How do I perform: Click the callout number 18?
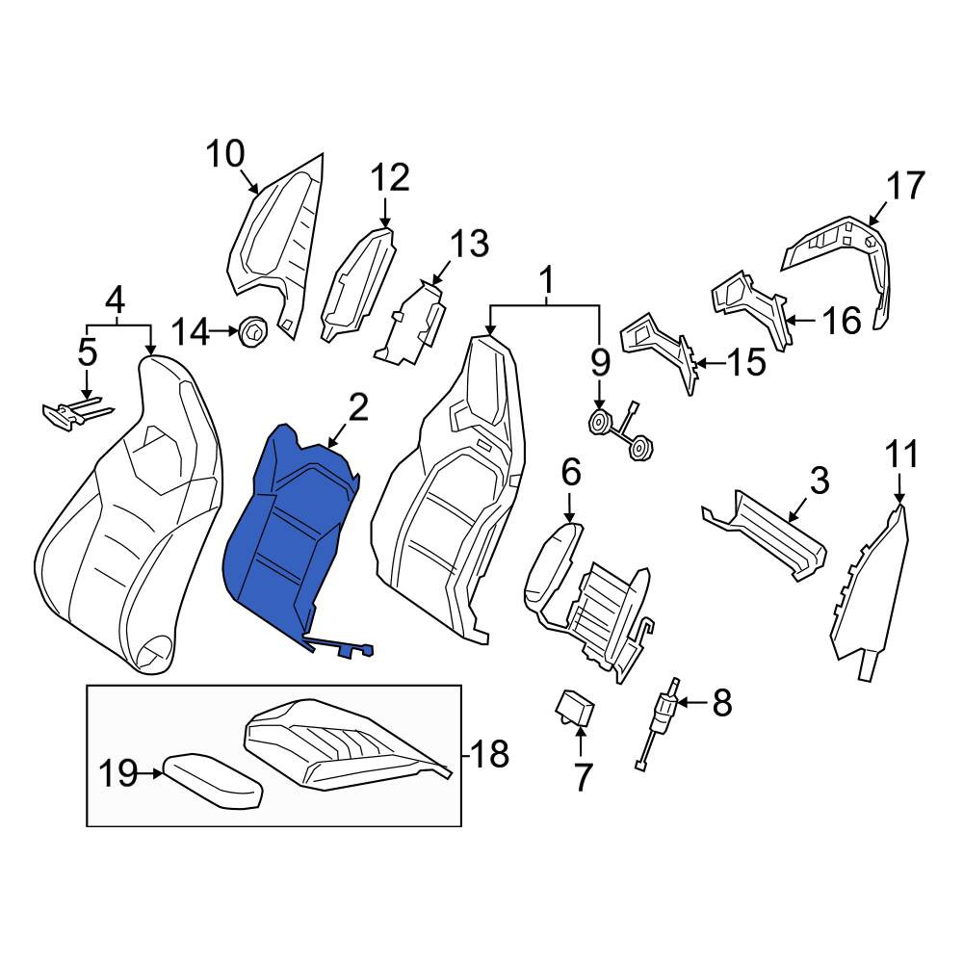(x=489, y=753)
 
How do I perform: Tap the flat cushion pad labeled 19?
(x=213, y=782)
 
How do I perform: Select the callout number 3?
(x=820, y=481)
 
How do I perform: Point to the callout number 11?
(x=901, y=455)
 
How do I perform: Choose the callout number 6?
(x=570, y=473)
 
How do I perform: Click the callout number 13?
(x=469, y=244)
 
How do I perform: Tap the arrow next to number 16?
(x=800, y=320)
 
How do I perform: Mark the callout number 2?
(x=358, y=408)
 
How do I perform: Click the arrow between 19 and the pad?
(x=150, y=774)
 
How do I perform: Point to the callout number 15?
(x=746, y=362)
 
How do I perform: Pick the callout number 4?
(x=116, y=300)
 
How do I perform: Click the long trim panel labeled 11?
(x=868, y=592)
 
